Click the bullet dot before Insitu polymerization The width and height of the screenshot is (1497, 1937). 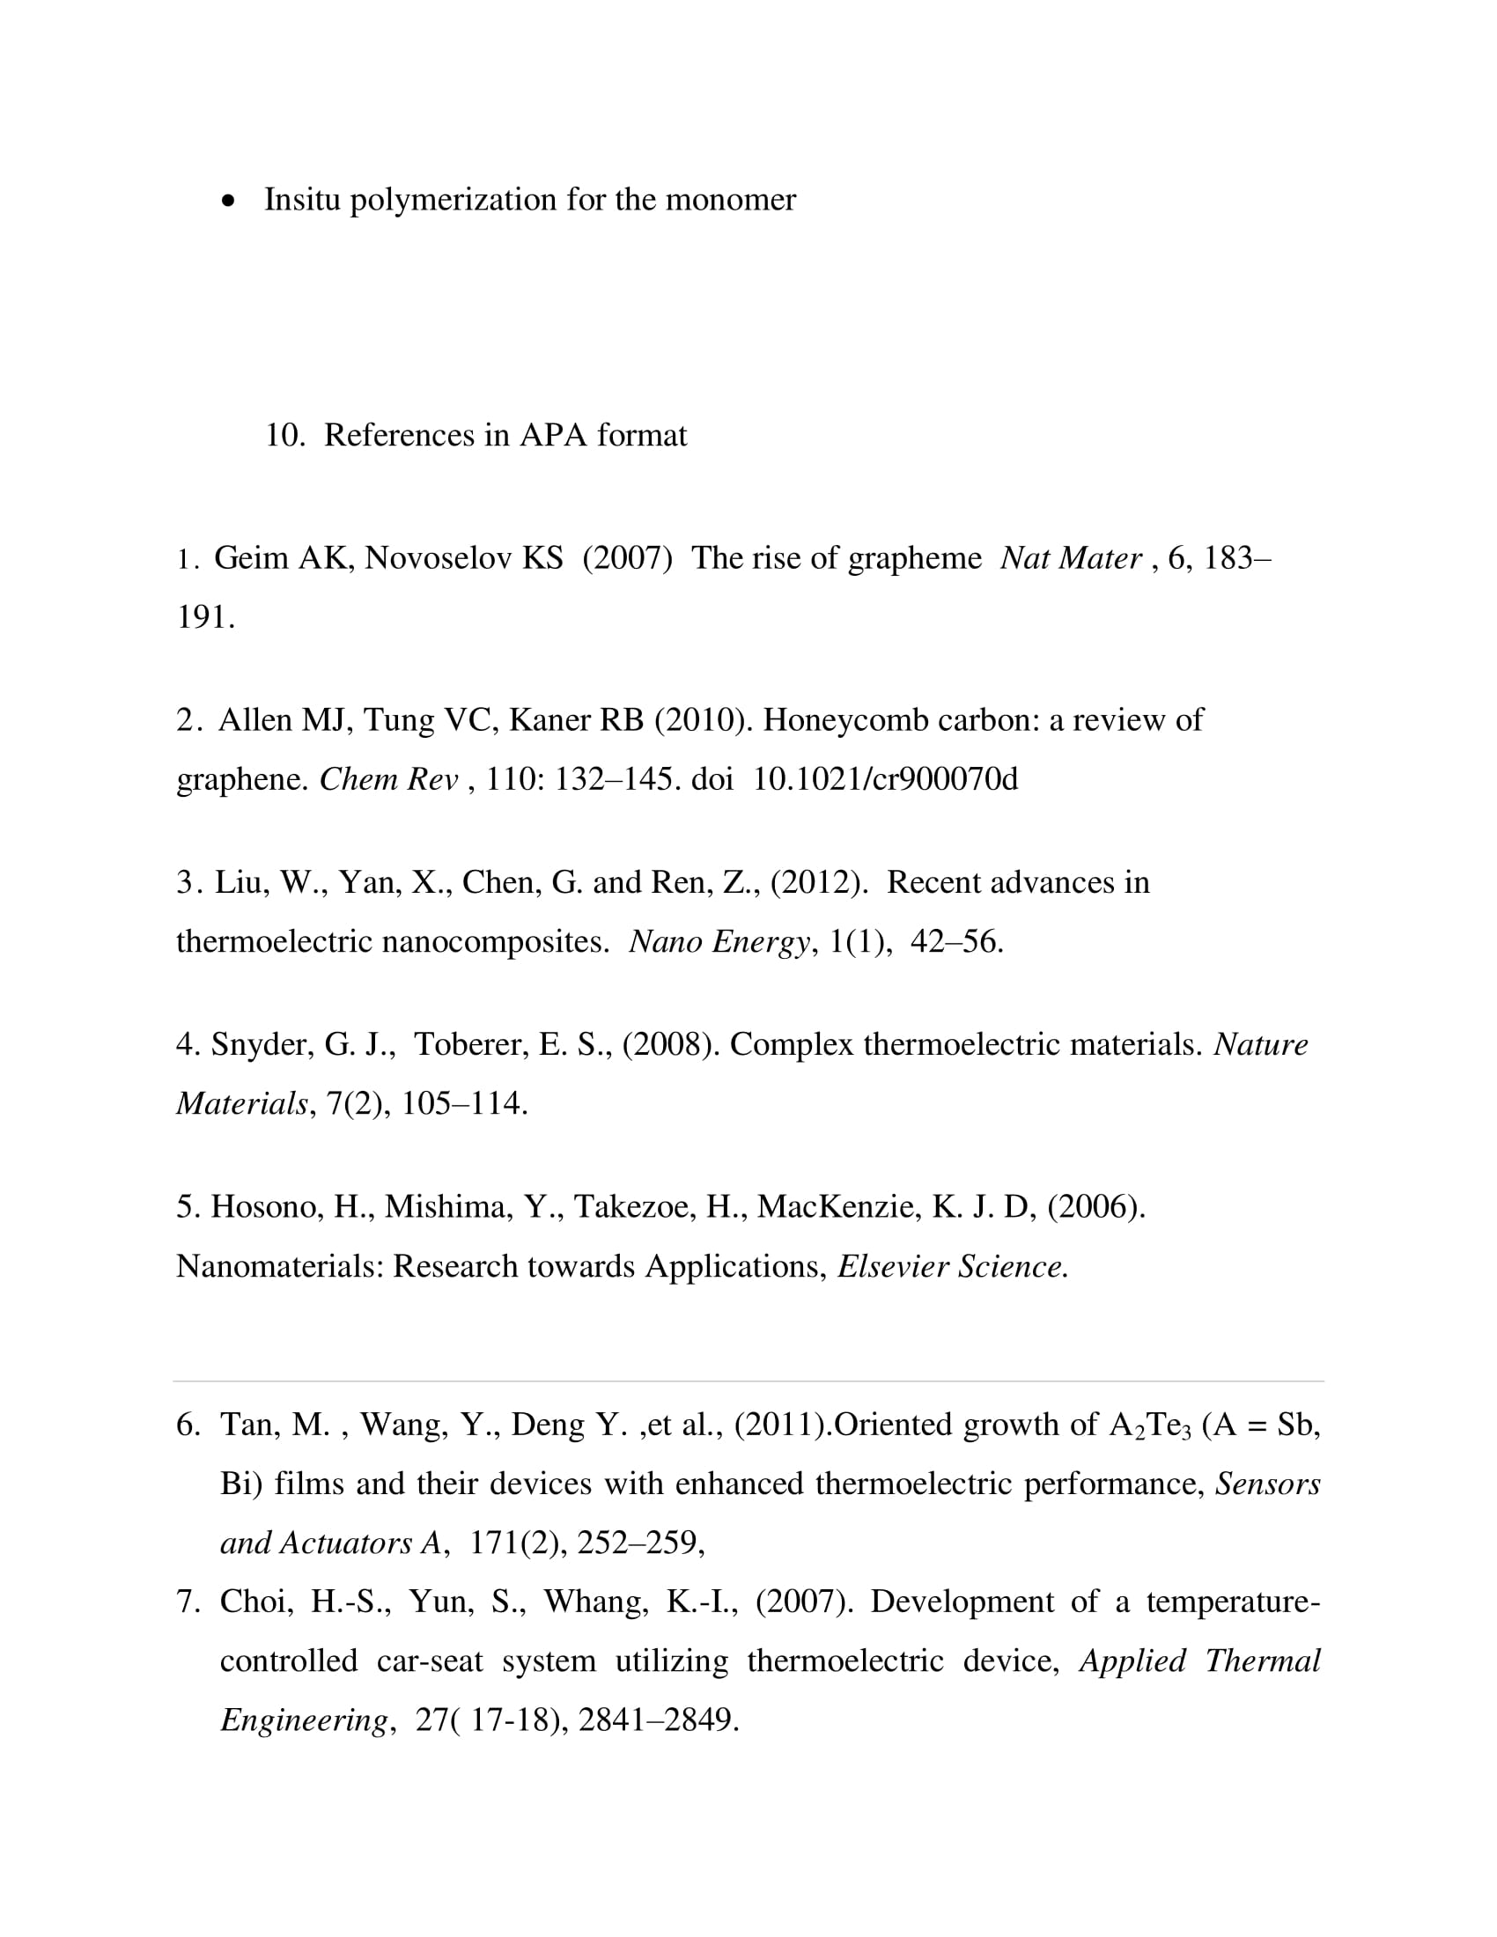[x=230, y=203]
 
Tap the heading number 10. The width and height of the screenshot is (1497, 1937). [x=284, y=436]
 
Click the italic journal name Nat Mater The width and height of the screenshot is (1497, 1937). [x=1071, y=559]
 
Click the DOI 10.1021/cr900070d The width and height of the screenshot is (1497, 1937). [x=885, y=779]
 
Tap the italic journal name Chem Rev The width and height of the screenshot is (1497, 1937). [x=388, y=779]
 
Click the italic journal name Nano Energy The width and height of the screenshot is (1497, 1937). [x=719, y=942]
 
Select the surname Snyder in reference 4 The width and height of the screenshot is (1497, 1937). [x=262, y=1045]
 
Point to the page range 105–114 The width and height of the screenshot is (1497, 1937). [x=464, y=1104]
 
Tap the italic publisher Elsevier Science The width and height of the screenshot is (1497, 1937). [x=953, y=1266]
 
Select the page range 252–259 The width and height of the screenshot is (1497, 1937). [x=638, y=1543]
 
